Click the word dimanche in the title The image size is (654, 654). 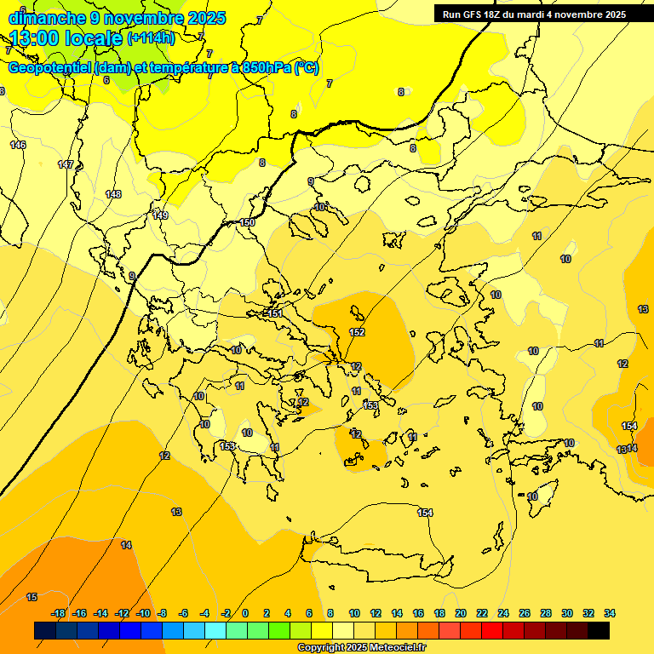pos(46,18)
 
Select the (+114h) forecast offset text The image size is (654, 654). pos(151,38)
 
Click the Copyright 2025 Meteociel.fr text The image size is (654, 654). pos(361,647)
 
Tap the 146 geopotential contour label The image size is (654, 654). pos(17,145)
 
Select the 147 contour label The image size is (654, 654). pos(66,164)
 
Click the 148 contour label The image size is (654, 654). pos(113,194)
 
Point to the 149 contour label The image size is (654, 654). pos(160,215)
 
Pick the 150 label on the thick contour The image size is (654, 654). pos(247,222)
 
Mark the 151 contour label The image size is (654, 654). pos(274,314)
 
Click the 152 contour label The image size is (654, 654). pos(358,332)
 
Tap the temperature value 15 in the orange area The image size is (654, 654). pos(32,597)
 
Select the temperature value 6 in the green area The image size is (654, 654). pos(106,80)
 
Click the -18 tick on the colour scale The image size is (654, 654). pos(59,613)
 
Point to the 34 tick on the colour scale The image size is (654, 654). pos(609,613)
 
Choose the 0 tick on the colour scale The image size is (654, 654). pos(245,613)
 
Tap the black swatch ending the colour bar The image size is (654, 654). pos(599,630)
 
